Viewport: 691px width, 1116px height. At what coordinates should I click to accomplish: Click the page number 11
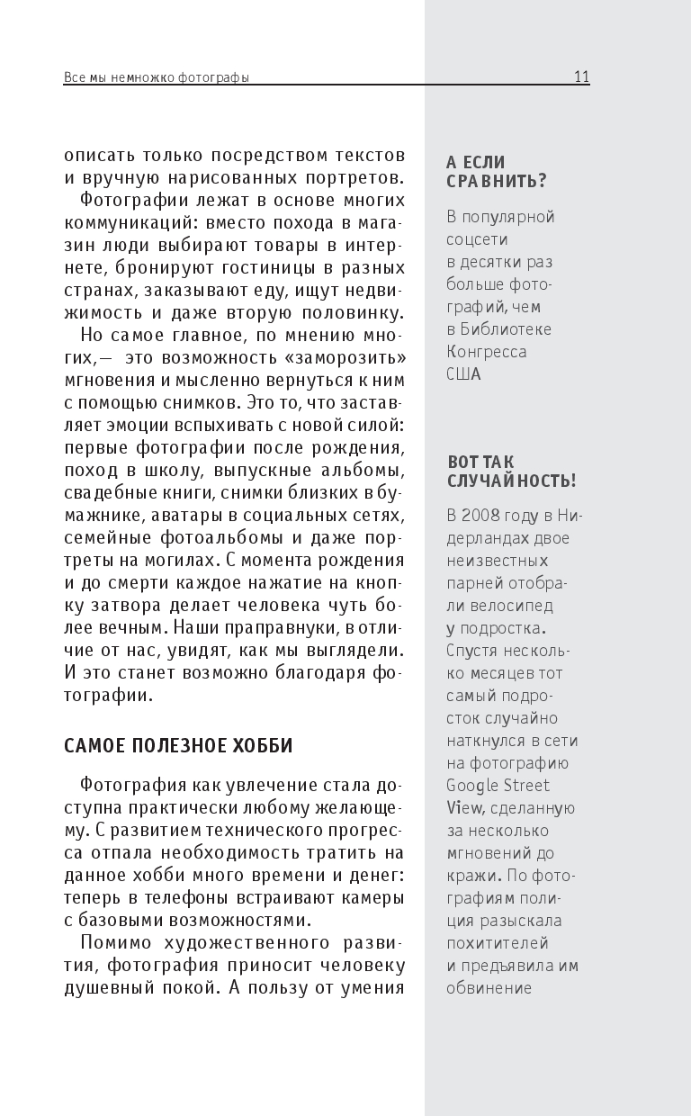[x=581, y=76]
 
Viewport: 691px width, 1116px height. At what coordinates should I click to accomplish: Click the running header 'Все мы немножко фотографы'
[x=156, y=77]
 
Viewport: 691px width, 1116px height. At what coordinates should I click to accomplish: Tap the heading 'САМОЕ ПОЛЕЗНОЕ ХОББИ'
[x=179, y=746]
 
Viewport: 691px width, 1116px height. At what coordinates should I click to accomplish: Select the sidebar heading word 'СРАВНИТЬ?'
[x=497, y=181]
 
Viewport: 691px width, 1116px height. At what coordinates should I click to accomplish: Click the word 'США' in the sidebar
[x=464, y=373]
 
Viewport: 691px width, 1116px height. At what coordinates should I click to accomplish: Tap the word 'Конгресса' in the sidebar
[x=487, y=351]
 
